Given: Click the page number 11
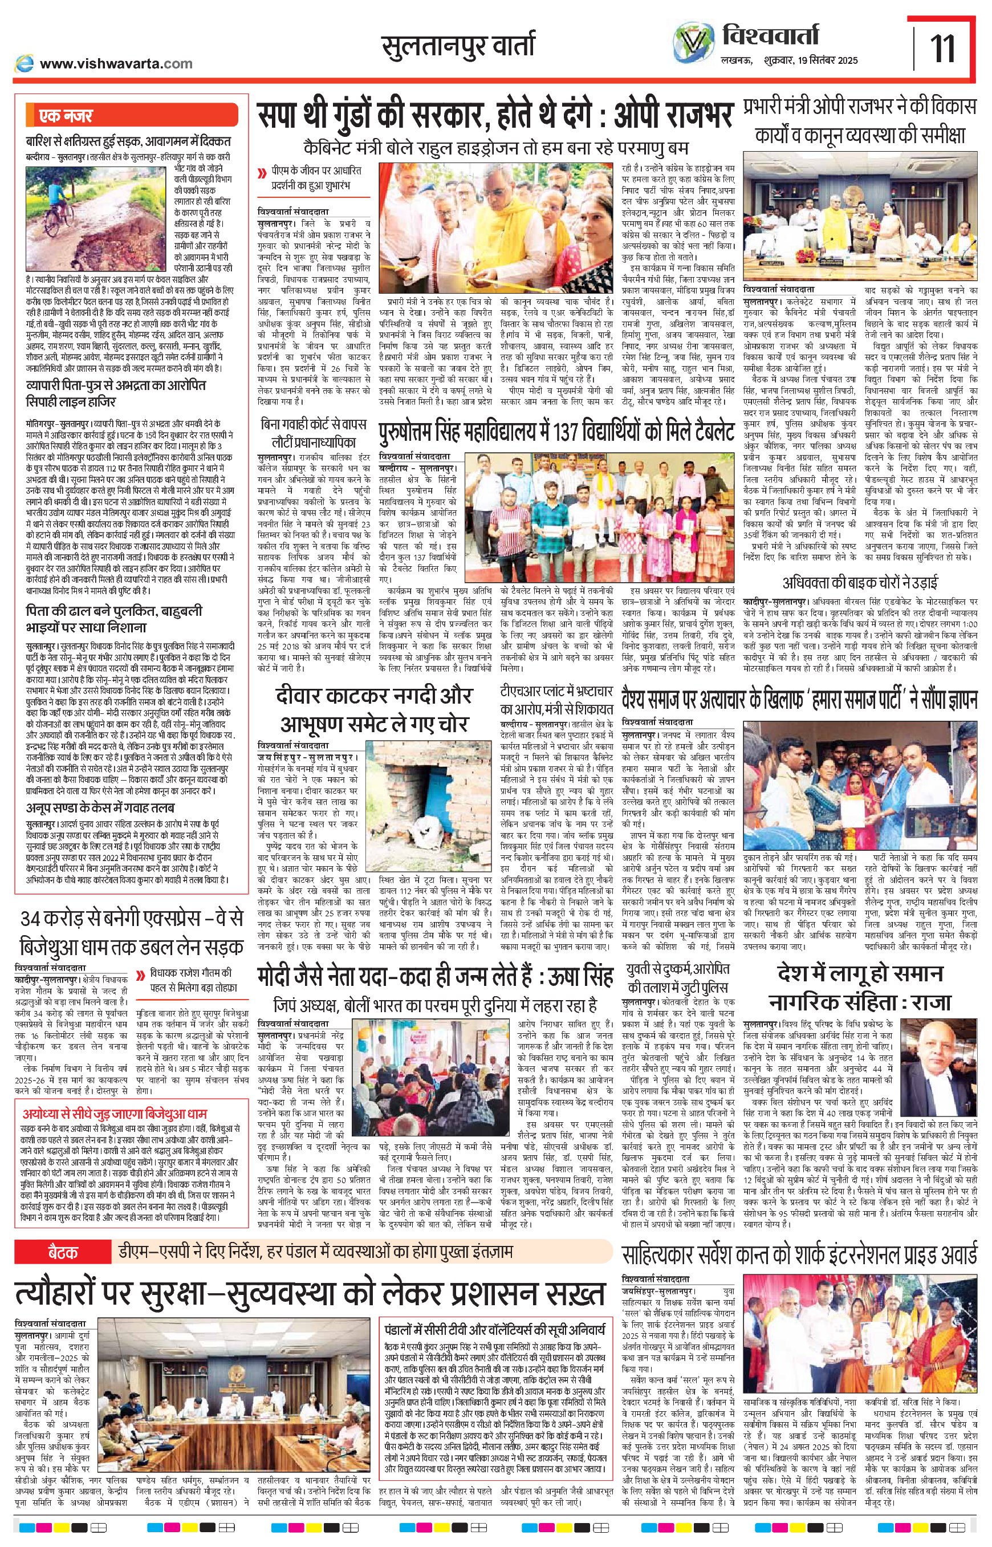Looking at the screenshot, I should pyautogui.click(x=943, y=48).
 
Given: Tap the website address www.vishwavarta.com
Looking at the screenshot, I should pyautogui.click(x=116, y=63).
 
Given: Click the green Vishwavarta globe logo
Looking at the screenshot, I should pyautogui.click(x=693, y=44).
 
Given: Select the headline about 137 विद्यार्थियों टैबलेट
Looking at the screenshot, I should pyautogui.click(x=556, y=432).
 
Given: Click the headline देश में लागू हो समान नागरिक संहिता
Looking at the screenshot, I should pyautogui.click(x=860, y=986).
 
